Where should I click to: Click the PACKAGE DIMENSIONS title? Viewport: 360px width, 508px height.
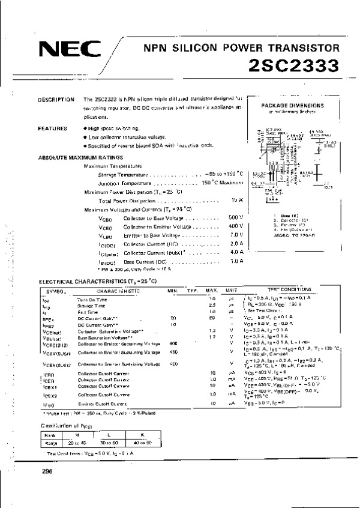point(293,106)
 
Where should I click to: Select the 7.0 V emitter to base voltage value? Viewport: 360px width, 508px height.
point(236,235)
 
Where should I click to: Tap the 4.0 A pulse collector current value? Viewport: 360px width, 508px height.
point(236,252)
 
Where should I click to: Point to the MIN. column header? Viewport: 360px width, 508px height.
point(174,290)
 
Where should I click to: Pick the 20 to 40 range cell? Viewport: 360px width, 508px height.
point(77,443)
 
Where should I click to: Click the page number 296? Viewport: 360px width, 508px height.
point(47,471)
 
